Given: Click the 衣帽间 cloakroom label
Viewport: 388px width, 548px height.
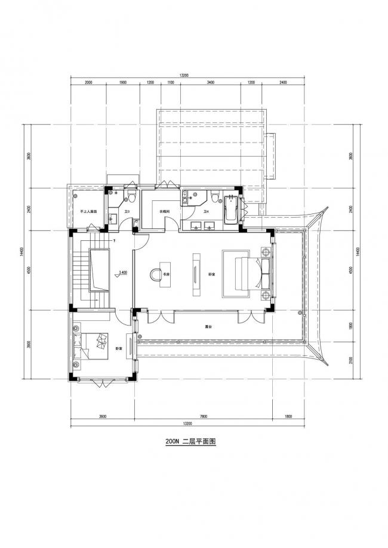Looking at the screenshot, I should (165, 212).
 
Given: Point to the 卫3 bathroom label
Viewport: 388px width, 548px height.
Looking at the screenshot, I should (127, 212).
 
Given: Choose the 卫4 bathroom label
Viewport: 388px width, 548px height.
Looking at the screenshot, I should (207, 212).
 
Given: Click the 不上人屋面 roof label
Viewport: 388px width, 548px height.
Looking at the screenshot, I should (88, 212).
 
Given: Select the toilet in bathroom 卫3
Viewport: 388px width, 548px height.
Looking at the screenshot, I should (133, 196).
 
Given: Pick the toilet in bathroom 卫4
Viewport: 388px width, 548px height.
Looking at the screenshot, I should (215, 196).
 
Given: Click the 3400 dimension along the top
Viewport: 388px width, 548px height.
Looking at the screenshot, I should (210, 82).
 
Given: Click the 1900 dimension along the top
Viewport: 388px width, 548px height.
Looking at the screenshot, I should (123, 82).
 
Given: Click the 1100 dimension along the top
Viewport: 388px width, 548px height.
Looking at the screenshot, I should (170, 82).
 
